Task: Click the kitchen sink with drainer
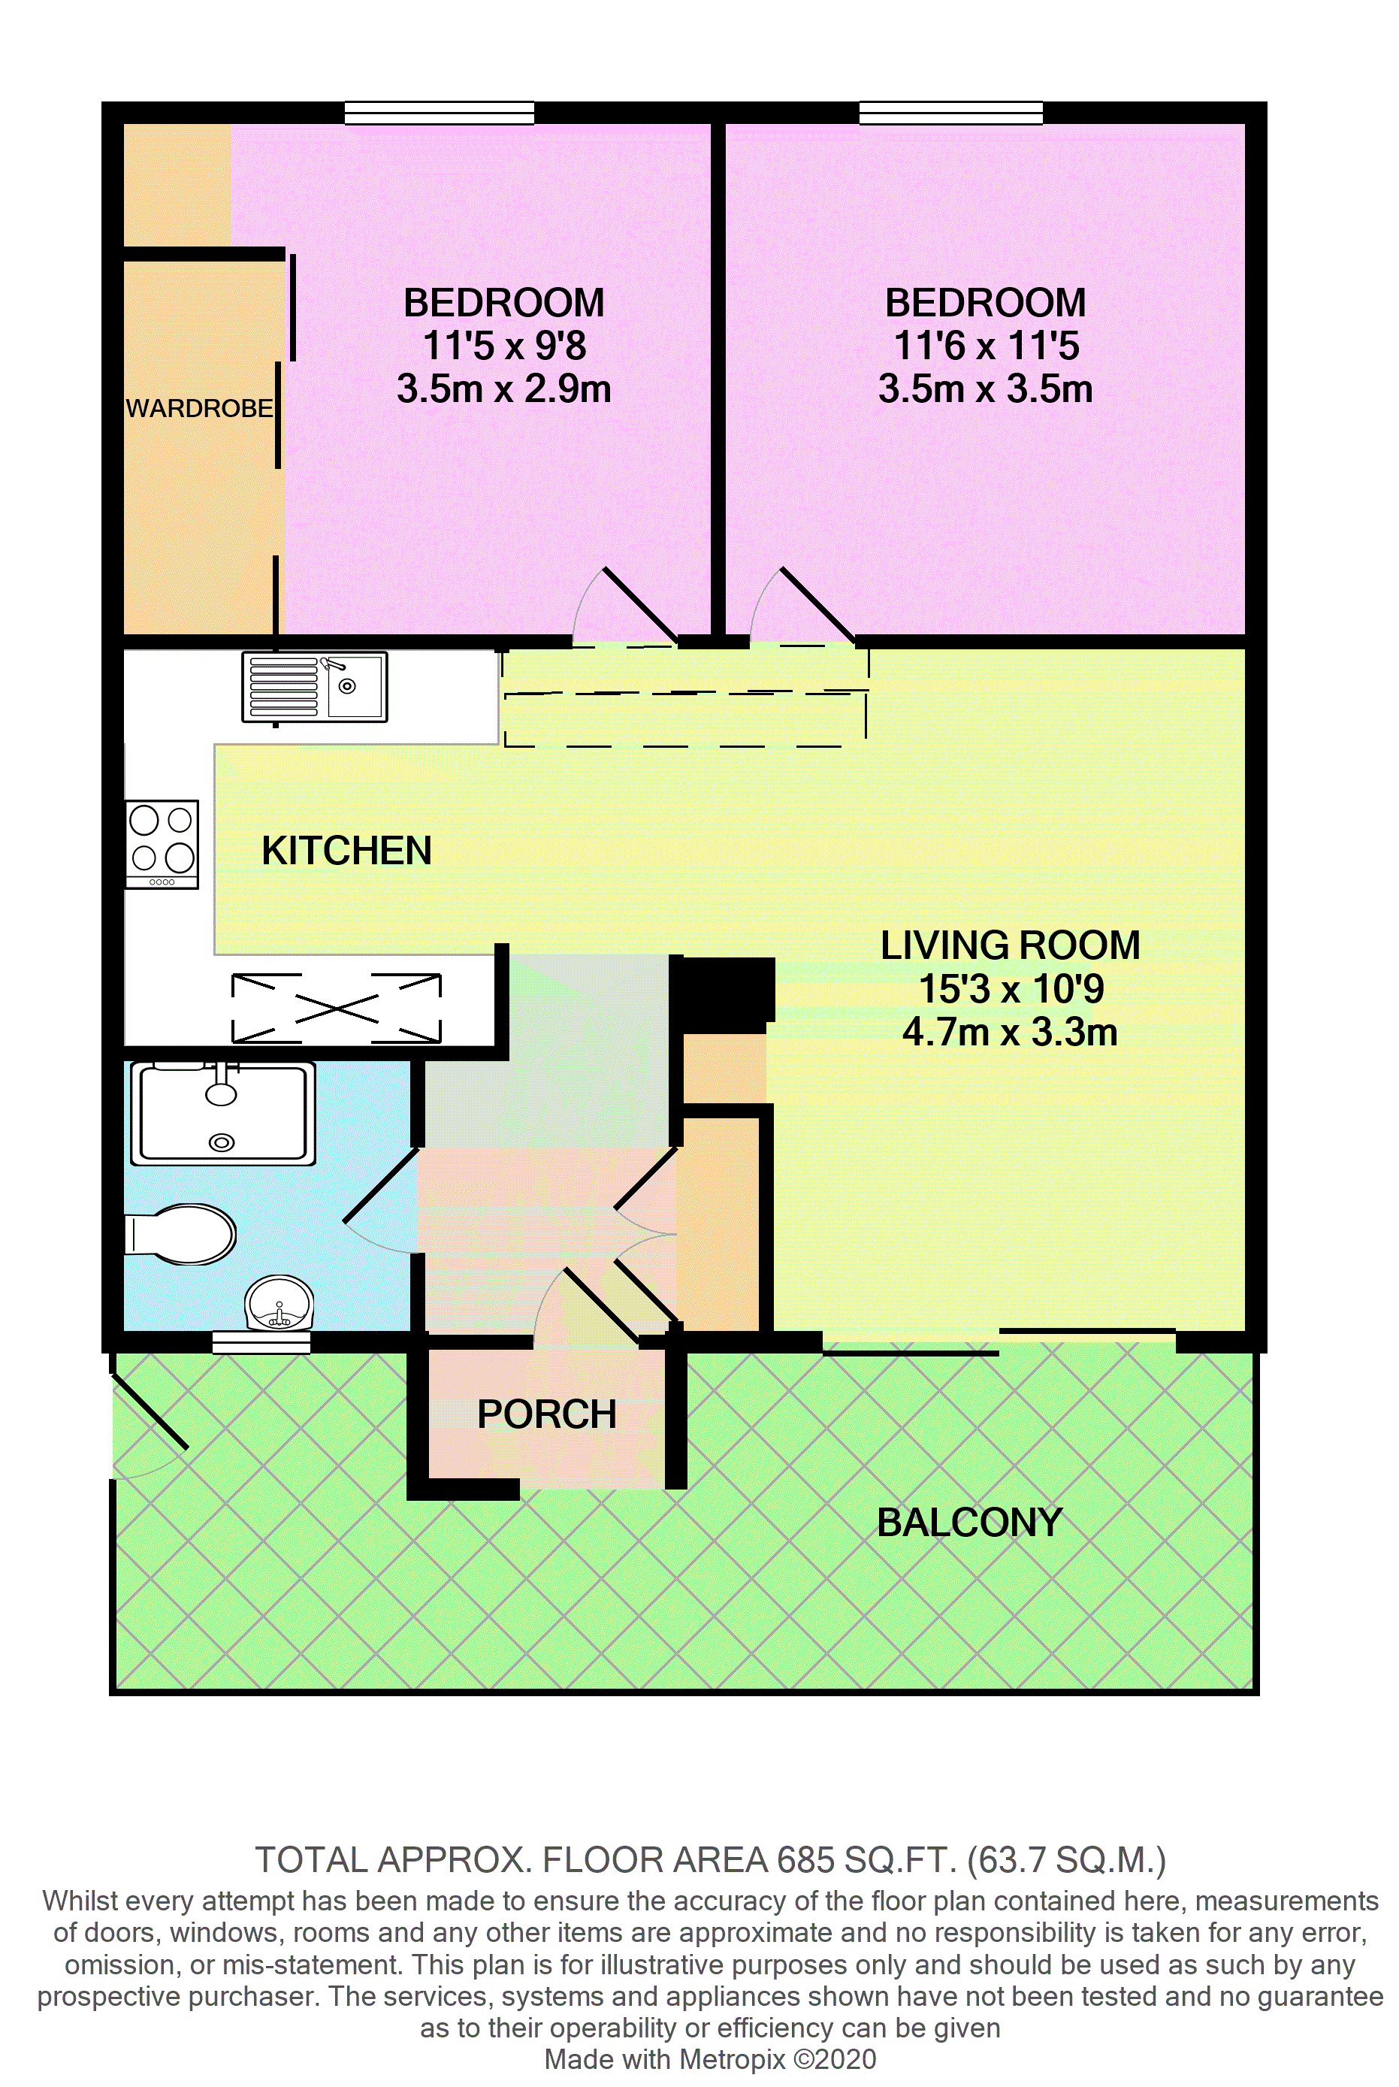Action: (314, 687)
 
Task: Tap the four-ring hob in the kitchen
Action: (162, 843)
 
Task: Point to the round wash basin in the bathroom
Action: (279, 1302)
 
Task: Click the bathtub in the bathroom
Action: (223, 1114)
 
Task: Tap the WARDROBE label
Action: (199, 409)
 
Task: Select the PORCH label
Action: (546, 1414)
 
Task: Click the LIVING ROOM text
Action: (1010, 945)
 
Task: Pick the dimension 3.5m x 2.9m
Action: (503, 389)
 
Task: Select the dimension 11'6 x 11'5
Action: (986, 346)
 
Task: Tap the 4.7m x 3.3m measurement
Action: (1010, 1033)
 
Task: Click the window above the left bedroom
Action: (439, 113)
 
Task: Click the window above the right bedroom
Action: (951, 113)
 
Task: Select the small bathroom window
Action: (261, 1342)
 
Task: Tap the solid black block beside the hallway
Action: (723, 988)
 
